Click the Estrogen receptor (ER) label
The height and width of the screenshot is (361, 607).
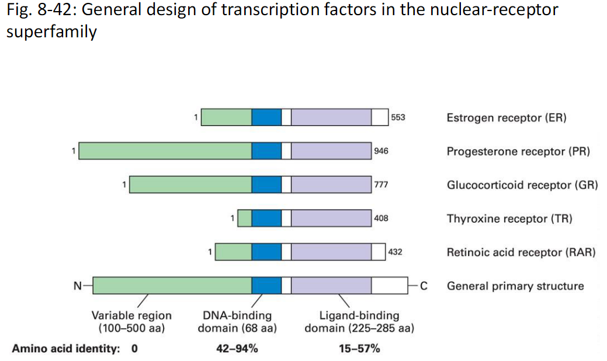[506, 118]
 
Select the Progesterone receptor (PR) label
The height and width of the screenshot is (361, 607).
[518, 152]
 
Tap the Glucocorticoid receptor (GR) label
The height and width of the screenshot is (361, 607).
[522, 185]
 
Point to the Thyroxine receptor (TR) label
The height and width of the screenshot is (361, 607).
[509, 219]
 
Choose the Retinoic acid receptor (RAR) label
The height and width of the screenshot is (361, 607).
[521, 253]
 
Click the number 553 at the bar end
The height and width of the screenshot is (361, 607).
[398, 117]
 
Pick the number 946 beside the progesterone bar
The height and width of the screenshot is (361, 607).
[381, 151]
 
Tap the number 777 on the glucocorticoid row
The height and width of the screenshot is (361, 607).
[381, 185]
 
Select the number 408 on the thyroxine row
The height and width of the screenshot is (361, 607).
[381, 219]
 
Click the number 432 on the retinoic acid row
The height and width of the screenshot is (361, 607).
[395, 253]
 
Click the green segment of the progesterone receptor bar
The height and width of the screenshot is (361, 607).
[165, 151]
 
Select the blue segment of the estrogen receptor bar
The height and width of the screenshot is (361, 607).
[266, 117]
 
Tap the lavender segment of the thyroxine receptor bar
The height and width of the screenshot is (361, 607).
[331, 219]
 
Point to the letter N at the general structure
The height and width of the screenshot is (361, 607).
[77, 286]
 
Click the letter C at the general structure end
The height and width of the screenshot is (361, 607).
[424, 286]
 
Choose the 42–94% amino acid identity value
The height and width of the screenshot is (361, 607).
[237, 349]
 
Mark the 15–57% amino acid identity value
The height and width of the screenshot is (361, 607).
[359, 349]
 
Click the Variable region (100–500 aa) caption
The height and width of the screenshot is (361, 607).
[131, 322]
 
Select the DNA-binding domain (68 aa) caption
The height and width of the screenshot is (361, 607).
[237, 322]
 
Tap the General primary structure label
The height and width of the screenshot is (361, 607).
[515, 286]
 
